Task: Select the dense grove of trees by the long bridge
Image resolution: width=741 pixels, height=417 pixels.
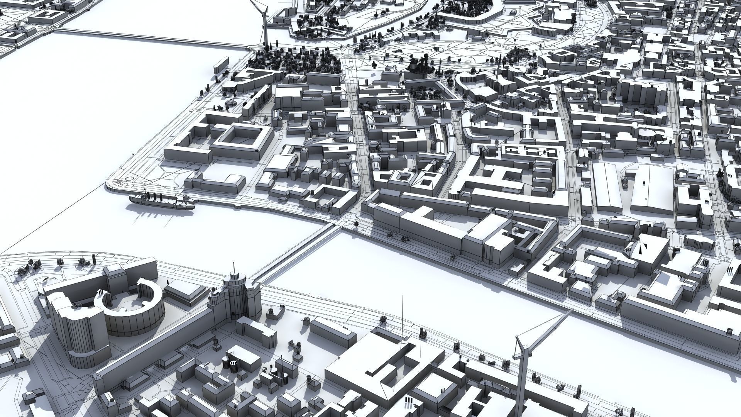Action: pyautogui.click(x=297, y=62)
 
